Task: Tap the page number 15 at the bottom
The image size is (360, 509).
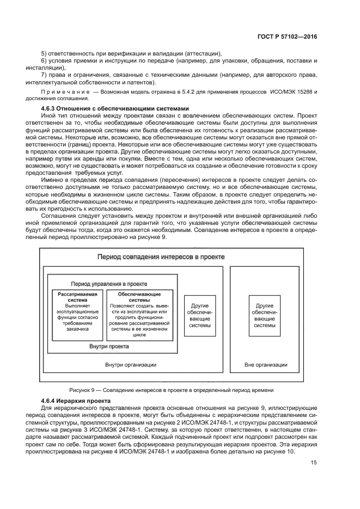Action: [x=314, y=463]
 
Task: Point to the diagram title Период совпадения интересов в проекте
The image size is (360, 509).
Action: [x=161, y=256]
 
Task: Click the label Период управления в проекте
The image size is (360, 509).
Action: [x=109, y=284]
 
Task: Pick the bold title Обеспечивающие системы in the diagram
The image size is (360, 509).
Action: [x=139, y=297]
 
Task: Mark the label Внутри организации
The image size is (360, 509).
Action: [x=131, y=365]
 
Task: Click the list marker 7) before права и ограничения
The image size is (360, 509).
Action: [x=45, y=75]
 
